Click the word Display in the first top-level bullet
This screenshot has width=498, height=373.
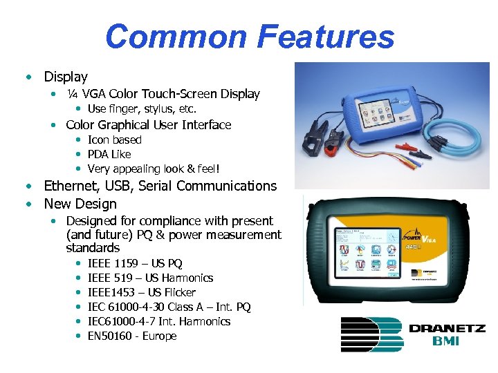click(66, 77)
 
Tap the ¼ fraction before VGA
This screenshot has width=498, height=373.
click(72, 94)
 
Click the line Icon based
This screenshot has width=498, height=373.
click(114, 140)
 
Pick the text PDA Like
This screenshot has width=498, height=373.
click(109, 154)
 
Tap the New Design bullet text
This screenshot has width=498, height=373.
click(80, 204)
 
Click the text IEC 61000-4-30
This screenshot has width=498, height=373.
click(127, 307)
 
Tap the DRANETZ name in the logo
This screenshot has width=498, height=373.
click(447, 328)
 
